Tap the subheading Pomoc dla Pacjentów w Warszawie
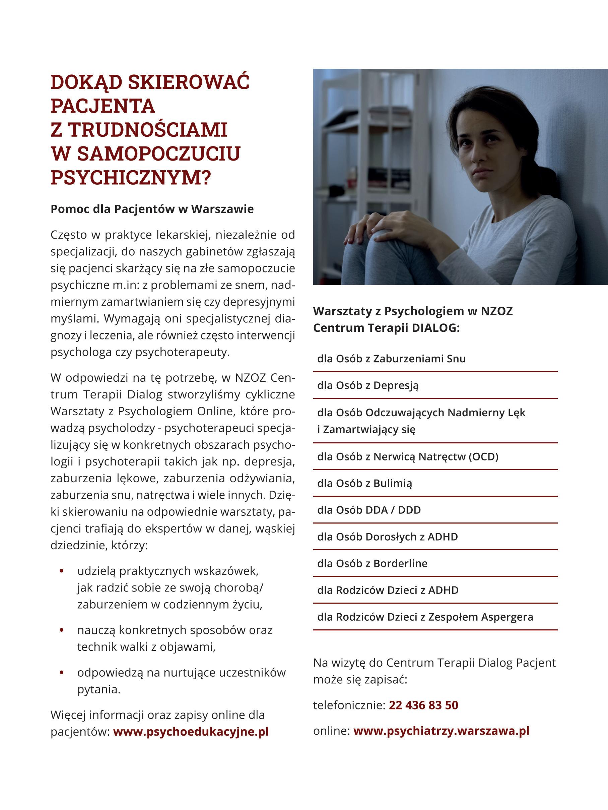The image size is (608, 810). pos(152,209)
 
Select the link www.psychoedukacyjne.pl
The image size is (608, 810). pos(191,732)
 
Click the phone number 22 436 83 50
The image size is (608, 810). pos(423,705)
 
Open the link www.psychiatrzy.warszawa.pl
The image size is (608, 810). pos(441,731)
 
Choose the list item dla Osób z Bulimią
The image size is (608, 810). pos(364,483)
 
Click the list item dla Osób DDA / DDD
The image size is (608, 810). pos(369,510)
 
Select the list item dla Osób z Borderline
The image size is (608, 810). pos(372,563)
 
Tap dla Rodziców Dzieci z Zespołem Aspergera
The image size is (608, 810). pos(425,617)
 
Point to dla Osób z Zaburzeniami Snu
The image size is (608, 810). pos(391,359)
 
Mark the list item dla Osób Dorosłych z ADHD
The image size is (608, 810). pos(387,537)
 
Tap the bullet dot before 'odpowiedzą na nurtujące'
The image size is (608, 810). pos(62,672)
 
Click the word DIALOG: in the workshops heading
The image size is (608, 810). pos(435,328)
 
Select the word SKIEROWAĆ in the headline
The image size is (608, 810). pos(189,82)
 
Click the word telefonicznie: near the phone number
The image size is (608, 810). pos(349,705)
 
